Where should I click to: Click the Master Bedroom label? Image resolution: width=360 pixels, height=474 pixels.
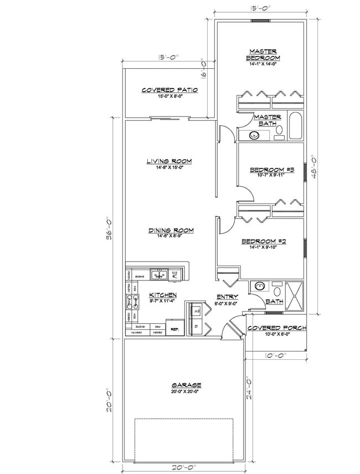click(263, 55)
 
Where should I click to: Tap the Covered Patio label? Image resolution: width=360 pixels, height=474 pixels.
click(169, 90)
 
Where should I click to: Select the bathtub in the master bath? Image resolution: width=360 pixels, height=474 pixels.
click(295, 126)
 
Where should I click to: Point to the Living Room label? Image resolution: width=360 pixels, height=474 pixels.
click(169, 161)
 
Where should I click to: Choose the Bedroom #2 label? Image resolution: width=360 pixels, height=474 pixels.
click(263, 242)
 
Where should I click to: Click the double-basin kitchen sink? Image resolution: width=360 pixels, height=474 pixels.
click(161, 274)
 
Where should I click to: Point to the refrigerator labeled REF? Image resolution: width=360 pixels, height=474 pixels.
click(175, 328)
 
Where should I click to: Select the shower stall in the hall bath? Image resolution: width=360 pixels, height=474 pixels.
click(294, 292)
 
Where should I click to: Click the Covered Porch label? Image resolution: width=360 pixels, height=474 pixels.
click(276, 328)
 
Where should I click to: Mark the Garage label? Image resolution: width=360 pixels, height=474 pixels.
click(186, 385)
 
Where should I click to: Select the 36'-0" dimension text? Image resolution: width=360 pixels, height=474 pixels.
click(109, 228)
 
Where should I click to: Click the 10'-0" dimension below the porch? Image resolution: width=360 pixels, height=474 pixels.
click(275, 356)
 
